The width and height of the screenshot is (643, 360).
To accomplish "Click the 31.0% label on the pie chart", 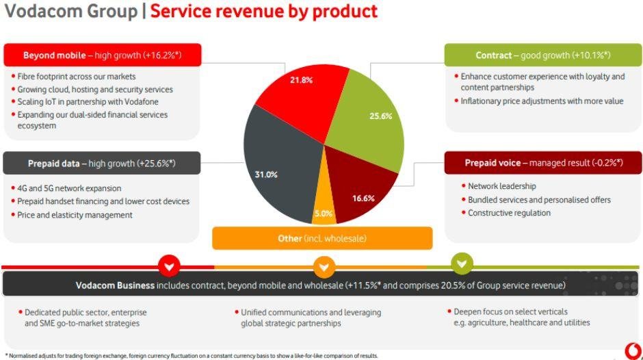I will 266,175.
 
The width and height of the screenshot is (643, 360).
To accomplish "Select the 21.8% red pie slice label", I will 301,80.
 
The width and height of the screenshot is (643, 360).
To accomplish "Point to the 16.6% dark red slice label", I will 363,198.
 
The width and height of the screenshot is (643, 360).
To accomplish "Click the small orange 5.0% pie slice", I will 323,213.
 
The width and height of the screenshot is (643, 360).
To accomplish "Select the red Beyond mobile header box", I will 102,55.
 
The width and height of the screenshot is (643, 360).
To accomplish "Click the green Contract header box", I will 543,55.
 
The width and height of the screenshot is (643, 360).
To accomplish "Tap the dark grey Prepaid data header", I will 102,164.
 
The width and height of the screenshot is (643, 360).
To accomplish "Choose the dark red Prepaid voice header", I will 543,163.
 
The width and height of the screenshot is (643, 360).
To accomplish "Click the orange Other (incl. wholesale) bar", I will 322,238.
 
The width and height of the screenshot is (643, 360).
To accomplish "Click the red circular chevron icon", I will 169,265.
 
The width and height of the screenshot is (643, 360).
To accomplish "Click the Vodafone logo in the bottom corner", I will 633,349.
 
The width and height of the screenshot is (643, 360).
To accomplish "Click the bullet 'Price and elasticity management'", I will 75,215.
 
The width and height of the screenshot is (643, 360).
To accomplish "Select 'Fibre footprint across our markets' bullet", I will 77,77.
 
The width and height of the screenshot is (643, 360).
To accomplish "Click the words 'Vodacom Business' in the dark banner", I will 115,285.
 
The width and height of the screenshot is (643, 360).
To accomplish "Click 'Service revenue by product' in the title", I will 263,12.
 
